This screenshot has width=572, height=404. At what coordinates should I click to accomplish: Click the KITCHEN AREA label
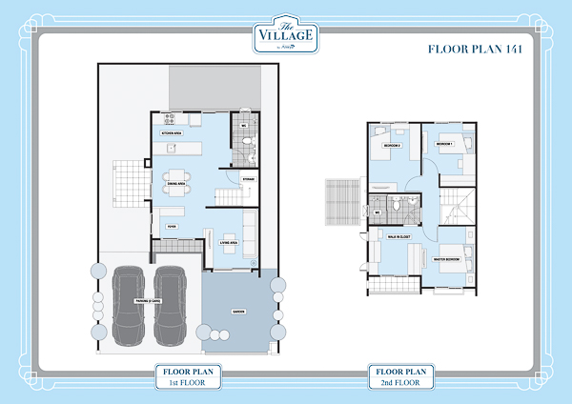[x=174, y=133]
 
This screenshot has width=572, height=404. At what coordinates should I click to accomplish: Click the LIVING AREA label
[x=228, y=242]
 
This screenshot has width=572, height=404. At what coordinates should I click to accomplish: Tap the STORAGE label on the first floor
[x=247, y=178]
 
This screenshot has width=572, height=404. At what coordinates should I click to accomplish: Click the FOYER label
[x=173, y=226]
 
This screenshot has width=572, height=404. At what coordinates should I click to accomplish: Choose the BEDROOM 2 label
[x=390, y=146]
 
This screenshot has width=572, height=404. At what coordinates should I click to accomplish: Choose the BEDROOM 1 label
[x=443, y=143]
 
